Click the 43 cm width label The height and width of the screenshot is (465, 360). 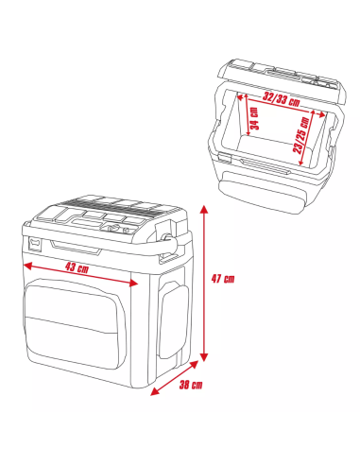(x=77, y=268)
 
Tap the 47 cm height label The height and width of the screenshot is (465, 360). (x=223, y=279)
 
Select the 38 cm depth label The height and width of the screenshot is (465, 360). (x=191, y=385)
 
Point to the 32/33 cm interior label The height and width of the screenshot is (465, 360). (x=282, y=100)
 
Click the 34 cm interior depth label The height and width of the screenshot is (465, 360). (x=254, y=118)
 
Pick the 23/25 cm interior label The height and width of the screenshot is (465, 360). (x=301, y=135)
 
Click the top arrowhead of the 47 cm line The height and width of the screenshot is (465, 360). (x=204, y=209)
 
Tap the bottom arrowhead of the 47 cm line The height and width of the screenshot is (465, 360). (x=204, y=357)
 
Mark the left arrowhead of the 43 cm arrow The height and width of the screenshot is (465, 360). (x=27, y=266)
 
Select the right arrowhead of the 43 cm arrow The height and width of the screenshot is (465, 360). (x=133, y=284)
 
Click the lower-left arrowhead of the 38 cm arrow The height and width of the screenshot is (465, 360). (x=155, y=391)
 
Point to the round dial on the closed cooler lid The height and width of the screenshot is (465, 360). (x=112, y=229)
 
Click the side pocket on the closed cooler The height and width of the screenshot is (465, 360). (x=174, y=319)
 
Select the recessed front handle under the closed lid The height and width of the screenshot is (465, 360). (x=76, y=248)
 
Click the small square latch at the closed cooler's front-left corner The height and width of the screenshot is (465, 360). (x=34, y=244)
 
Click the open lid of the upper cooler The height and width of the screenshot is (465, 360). (x=282, y=81)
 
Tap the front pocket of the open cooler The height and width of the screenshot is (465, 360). (x=262, y=191)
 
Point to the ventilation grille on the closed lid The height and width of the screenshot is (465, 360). (x=113, y=205)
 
